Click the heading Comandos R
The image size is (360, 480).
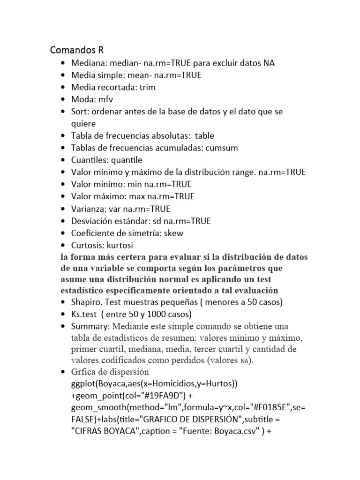pyautogui.click(x=77, y=50)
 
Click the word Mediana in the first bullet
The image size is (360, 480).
pyautogui.click(x=87, y=63)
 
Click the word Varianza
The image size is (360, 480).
pyautogui.click(x=87, y=209)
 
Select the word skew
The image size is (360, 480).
pyautogui.click(x=173, y=233)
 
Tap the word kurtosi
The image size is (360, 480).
pyautogui.click(x=123, y=245)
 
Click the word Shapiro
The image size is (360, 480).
pyautogui.click(x=86, y=301)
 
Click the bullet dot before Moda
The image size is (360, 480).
pyautogui.click(x=63, y=99)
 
